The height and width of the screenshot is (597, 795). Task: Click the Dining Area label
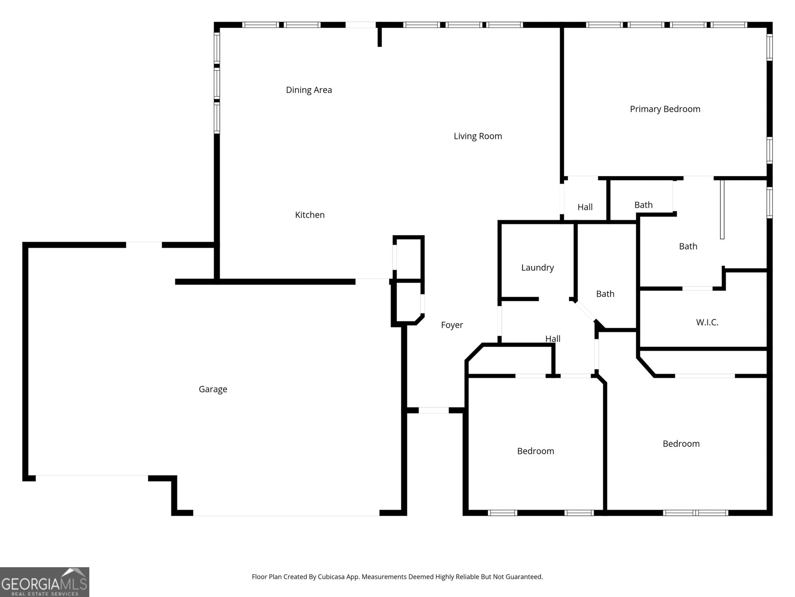pyautogui.click(x=309, y=90)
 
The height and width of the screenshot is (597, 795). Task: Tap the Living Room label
pyautogui.click(x=477, y=136)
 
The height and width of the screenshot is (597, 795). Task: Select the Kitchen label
pyautogui.click(x=310, y=215)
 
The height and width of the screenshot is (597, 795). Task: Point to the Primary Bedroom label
pyautogui.click(x=665, y=109)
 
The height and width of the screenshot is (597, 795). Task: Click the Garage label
pyautogui.click(x=213, y=390)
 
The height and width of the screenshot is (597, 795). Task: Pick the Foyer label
pyautogui.click(x=452, y=325)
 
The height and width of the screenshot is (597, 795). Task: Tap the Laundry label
pyautogui.click(x=537, y=268)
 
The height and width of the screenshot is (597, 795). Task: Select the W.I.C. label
pyautogui.click(x=707, y=322)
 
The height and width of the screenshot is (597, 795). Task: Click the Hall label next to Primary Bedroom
pyautogui.click(x=585, y=207)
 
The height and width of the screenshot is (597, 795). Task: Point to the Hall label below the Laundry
pyautogui.click(x=553, y=339)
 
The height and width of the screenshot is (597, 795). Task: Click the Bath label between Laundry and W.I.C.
pyautogui.click(x=605, y=294)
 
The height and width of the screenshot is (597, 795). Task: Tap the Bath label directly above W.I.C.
pyautogui.click(x=688, y=246)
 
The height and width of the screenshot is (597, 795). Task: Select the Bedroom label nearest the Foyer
pyautogui.click(x=535, y=451)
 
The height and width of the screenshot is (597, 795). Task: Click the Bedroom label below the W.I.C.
pyautogui.click(x=681, y=444)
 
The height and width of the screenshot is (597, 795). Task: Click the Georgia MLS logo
pyautogui.click(x=44, y=582)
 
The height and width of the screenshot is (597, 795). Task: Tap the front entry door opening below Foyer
pyautogui.click(x=434, y=410)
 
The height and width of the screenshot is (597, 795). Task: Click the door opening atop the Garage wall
pyautogui.click(x=144, y=245)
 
